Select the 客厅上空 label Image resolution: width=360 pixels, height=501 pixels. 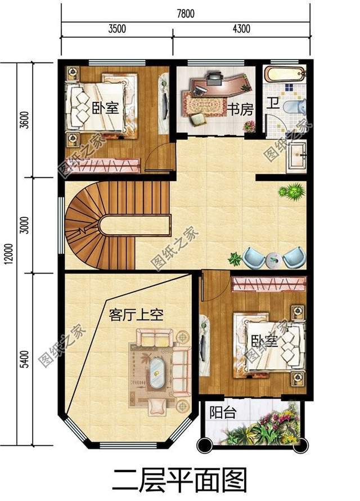(136, 315)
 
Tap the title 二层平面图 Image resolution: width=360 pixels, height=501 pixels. (179, 480)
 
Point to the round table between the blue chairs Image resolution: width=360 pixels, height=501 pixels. (274, 260)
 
